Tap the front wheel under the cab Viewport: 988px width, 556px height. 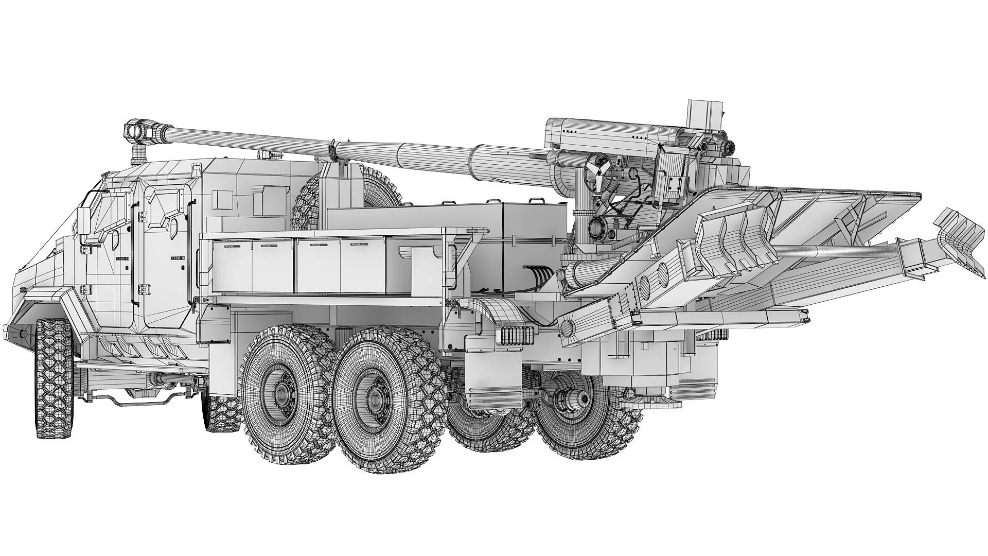[x=54, y=378]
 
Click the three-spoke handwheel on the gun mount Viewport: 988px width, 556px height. [x=598, y=172]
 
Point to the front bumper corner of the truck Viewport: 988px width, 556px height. [x=18, y=329]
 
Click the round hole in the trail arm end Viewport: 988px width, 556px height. [x=567, y=326]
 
